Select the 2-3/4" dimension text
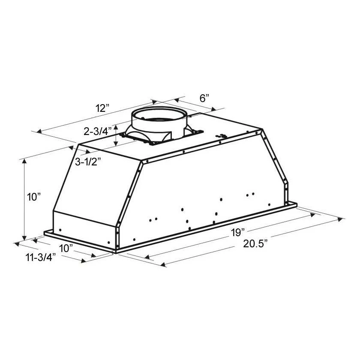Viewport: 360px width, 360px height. pos(98,131)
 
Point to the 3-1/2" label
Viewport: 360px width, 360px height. pos(88,162)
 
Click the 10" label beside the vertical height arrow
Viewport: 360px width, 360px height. pos(34,197)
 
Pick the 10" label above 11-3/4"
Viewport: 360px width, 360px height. pos(66,248)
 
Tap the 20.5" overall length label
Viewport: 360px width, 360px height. pos(255,243)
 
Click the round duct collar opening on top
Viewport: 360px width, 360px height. pos(158,114)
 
